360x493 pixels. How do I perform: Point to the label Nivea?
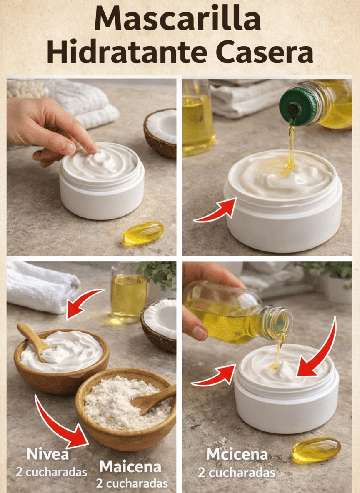[x=47, y=454]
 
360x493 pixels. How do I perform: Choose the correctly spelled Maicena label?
[x=130, y=467]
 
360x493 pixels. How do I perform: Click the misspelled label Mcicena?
[x=237, y=454]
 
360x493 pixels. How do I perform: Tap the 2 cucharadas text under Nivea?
[x=51, y=472]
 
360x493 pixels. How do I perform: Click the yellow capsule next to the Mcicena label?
[x=316, y=451]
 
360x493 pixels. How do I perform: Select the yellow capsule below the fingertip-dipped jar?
[x=143, y=233]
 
